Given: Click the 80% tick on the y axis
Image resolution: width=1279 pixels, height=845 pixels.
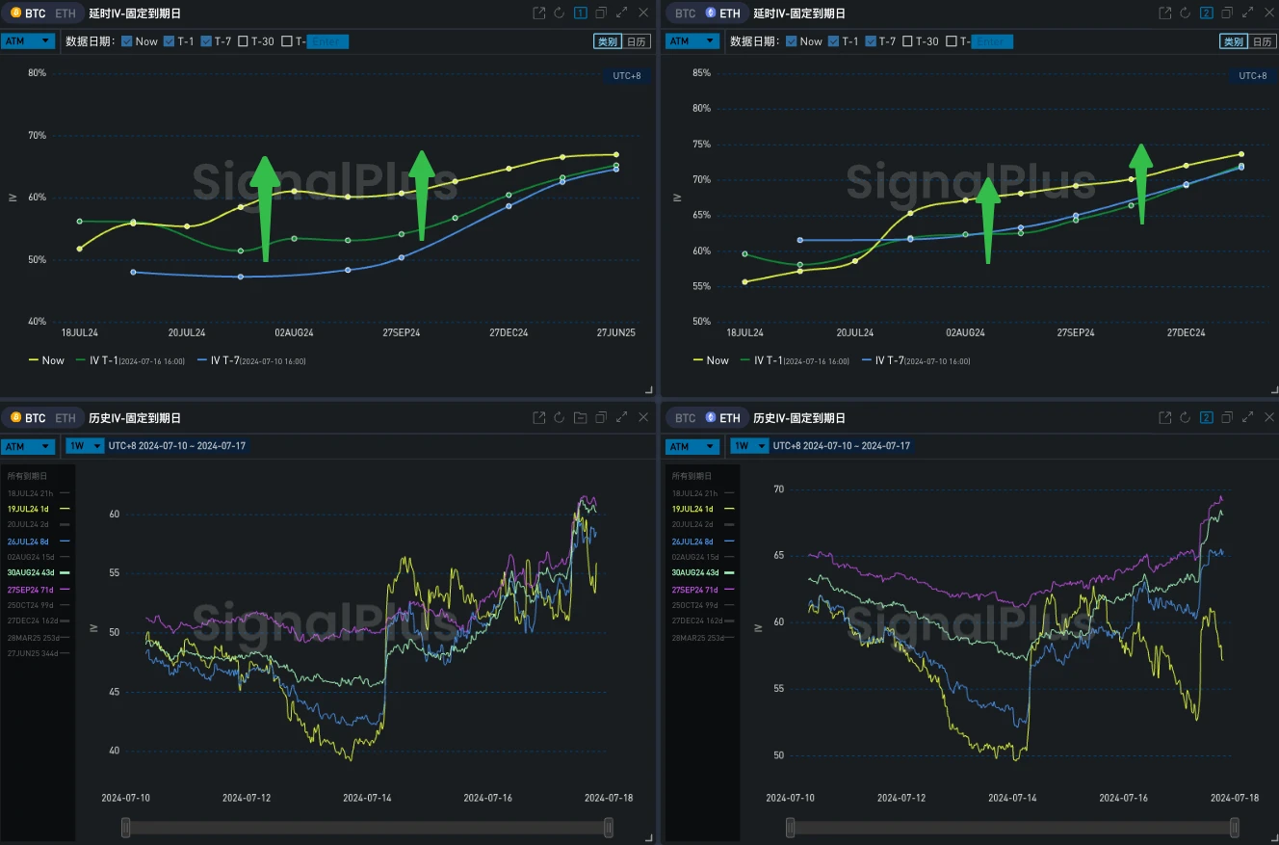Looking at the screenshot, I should [37, 73].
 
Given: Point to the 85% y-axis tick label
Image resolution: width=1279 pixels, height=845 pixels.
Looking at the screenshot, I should [701, 73].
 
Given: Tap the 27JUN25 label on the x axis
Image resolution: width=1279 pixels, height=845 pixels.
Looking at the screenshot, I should [615, 332].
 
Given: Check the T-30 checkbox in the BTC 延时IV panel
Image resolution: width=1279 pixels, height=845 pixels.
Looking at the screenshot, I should [243, 41].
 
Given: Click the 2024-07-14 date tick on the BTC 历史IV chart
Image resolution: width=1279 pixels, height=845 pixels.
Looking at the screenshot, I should [367, 798].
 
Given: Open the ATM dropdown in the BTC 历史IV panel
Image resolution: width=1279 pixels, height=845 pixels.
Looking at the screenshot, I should [28, 446].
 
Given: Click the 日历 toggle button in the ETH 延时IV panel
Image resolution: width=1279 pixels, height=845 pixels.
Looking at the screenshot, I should [1262, 41].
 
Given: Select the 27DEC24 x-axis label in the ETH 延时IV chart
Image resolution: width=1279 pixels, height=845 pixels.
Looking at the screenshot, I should [1187, 332].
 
